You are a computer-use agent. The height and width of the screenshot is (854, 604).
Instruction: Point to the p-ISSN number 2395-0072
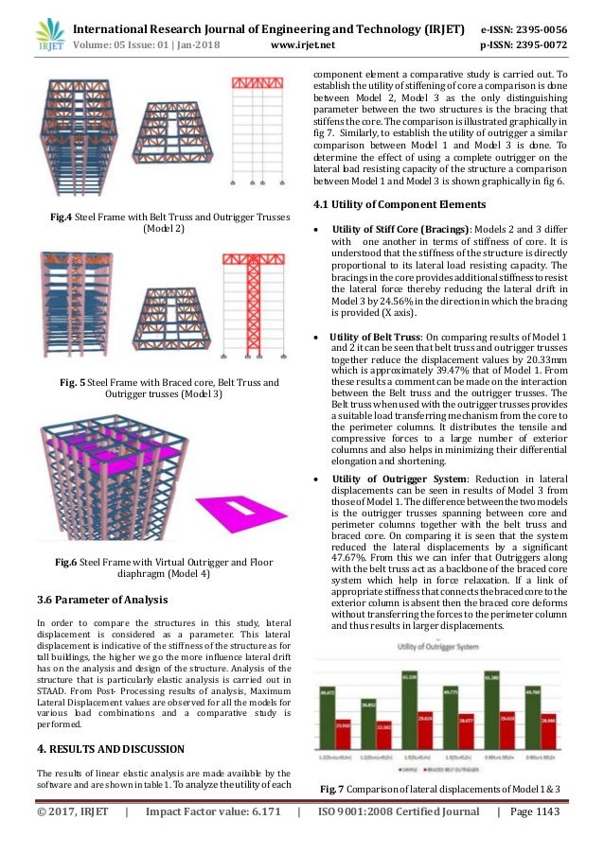point(537,43)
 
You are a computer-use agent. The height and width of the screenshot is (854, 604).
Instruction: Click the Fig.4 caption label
point(62,218)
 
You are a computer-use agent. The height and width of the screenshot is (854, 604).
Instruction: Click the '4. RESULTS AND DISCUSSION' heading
point(110,749)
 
